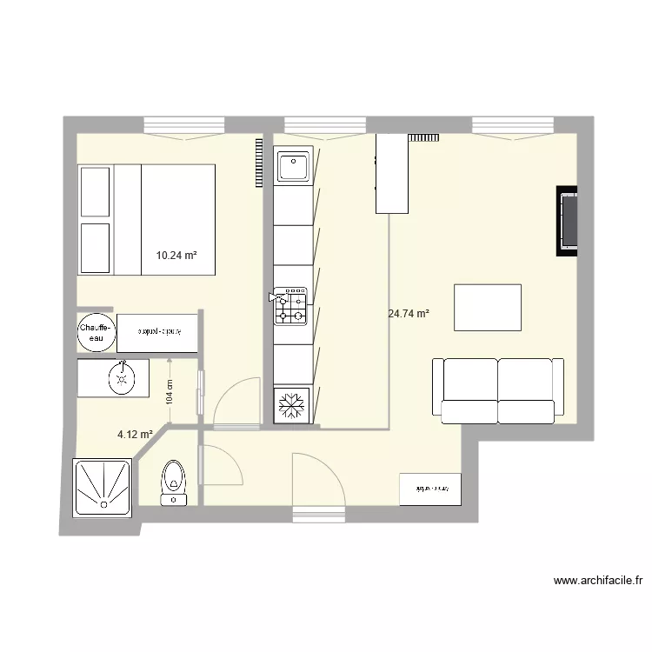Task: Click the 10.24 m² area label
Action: (x=176, y=256)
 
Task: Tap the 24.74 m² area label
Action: (x=409, y=314)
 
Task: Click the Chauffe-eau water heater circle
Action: (x=96, y=332)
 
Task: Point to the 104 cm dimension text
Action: (x=170, y=394)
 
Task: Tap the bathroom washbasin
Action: (x=121, y=377)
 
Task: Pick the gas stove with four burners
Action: (x=290, y=306)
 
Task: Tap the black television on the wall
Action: (x=569, y=220)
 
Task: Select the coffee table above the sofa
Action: (x=488, y=307)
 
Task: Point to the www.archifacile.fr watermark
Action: (x=597, y=581)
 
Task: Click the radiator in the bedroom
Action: (x=258, y=163)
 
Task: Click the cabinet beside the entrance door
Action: (x=429, y=489)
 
